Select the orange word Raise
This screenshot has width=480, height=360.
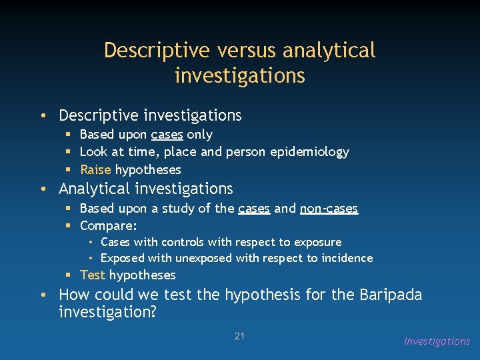(x=95, y=169)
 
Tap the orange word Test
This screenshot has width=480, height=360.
(x=93, y=275)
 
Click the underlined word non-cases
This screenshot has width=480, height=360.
(x=329, y=209)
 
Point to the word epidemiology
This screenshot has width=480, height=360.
(x=309, y=152)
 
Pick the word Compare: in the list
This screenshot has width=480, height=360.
(x=108, y=226)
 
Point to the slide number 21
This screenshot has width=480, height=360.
(x=240, y=336)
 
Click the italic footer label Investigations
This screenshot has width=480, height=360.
(x=437, y=341)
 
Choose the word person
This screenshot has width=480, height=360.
(x=246, y=152)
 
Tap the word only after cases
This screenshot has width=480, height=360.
(x=199, y=135)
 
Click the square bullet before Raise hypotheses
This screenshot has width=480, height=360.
(x=69, y=169)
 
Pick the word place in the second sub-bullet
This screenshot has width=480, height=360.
(x=180, y=152)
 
